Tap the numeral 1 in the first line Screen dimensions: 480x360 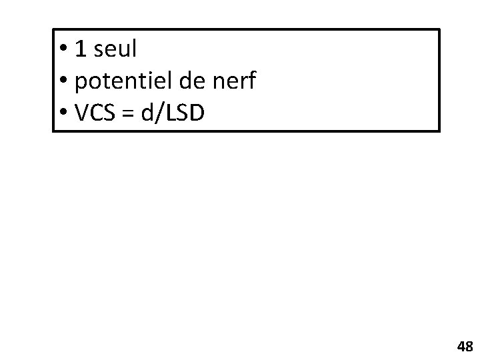click(x=81, y=48)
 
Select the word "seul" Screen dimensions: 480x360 click(x=115, y=48)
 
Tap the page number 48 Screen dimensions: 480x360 click(x=465, y=346)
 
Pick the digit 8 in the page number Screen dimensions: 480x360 click(x=469, y=346)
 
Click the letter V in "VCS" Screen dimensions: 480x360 click(x=83, y=115)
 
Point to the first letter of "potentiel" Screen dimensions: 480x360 click(x=81, y=83)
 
